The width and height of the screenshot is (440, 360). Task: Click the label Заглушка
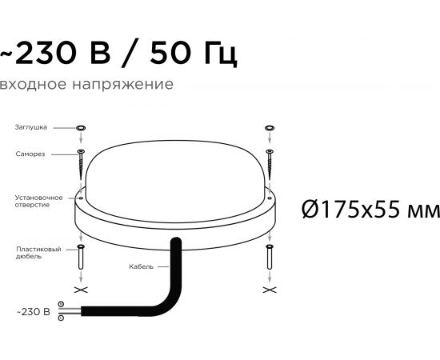[x=31, y=127]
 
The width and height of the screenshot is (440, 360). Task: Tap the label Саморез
[x=30, y=154]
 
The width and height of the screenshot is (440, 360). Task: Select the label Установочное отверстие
[x=38, y=201]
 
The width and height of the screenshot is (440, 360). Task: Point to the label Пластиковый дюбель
[x=38, y=253]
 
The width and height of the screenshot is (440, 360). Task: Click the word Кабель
[x=141, y=266]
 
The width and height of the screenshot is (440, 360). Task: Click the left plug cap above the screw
[x=81, y=128]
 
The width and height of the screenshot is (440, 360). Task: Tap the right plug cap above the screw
[x=270, y=128]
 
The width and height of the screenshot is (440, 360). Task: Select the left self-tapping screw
[x=81, y=165]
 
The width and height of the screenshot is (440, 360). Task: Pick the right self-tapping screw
[x=270, y=165]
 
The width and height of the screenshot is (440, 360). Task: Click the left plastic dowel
[x=81, y=257]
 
